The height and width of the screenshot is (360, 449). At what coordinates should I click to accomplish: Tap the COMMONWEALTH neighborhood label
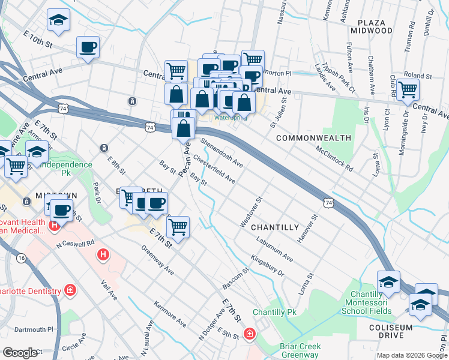tap(313, 138)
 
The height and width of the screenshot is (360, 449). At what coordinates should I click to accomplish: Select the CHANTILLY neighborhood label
tap(274, 227)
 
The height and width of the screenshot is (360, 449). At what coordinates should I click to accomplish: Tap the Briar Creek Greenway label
tap(300, 351)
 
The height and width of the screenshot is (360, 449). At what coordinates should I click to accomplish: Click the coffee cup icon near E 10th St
tap(88, 47)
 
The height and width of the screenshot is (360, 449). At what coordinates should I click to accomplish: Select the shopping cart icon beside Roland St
tap(408, 90)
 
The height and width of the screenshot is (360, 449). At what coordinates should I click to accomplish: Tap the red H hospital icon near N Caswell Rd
tap(103, 256)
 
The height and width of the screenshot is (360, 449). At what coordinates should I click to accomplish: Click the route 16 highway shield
tap(22, 257)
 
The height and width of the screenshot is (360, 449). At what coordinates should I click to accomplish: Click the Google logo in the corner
tap(20, 353)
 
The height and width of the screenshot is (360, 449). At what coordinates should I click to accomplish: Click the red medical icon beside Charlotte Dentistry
tap(70, 291)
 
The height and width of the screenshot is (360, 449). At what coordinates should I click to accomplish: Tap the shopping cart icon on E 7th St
tap(178, 227)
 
